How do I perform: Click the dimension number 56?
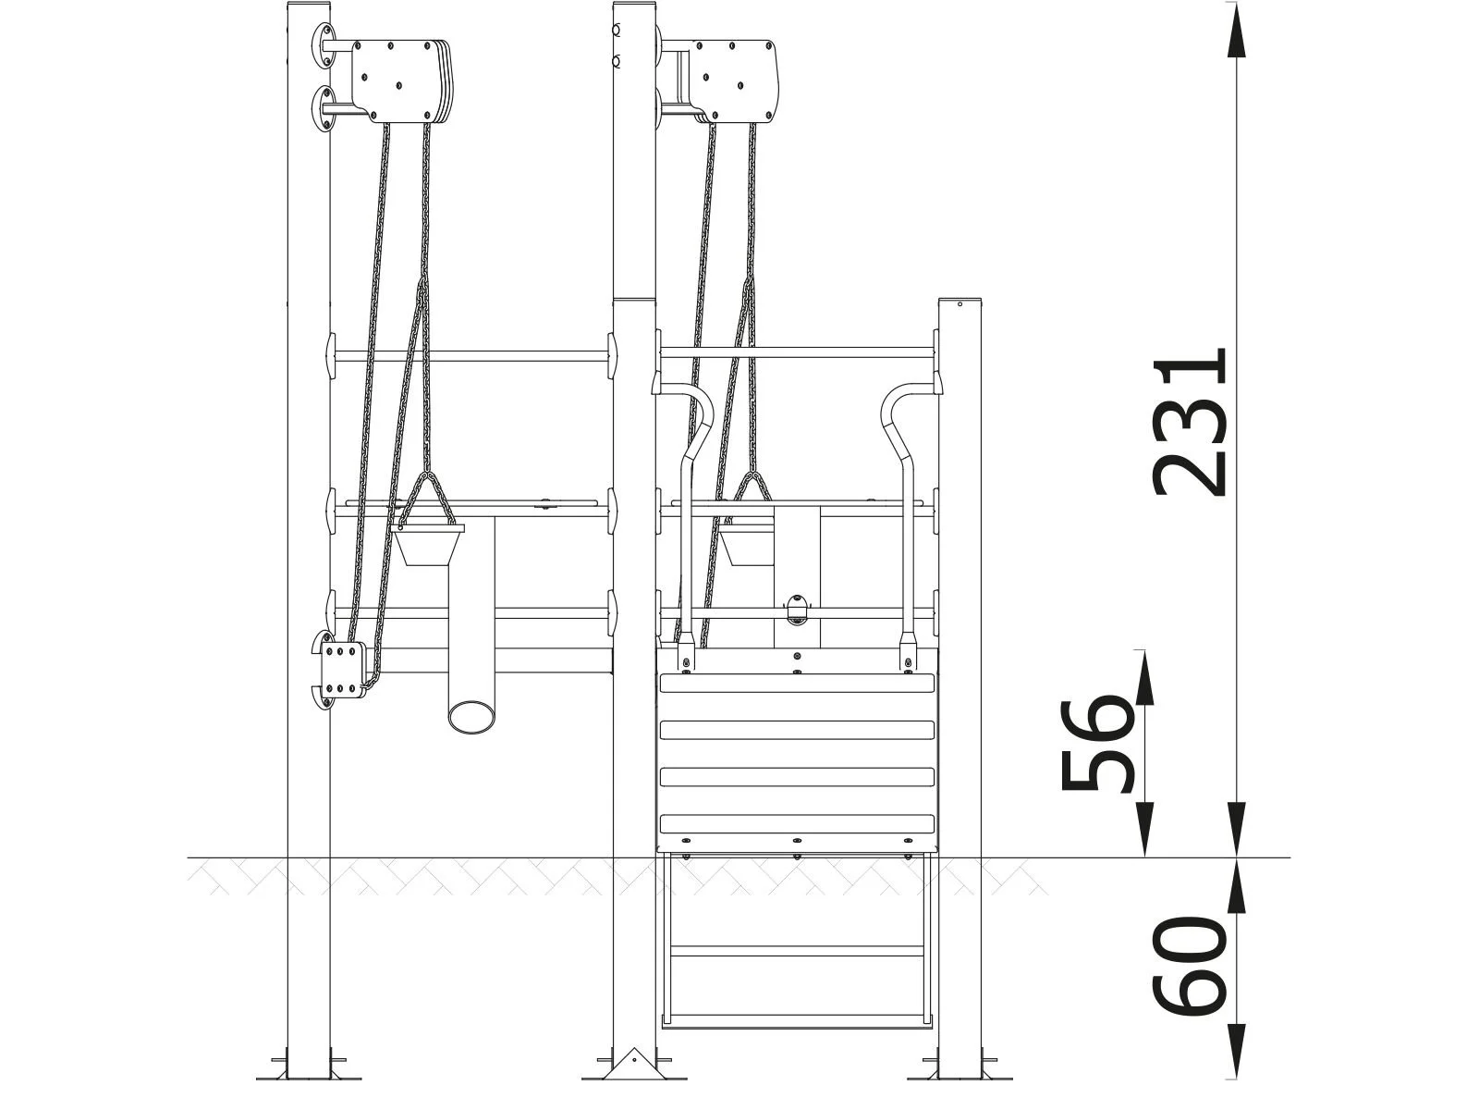(1097, 746)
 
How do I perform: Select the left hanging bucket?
(427, 545)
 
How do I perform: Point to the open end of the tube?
(472, 715)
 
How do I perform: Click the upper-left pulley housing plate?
(396, 80)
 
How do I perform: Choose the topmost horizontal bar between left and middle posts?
(471, 355)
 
